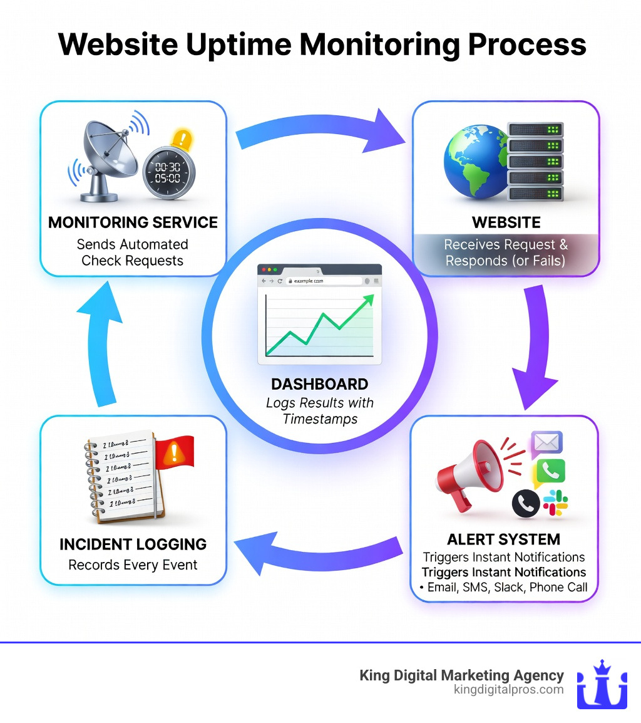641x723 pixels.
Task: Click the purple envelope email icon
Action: point(547,444)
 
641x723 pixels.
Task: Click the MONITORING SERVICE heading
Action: point(133,222)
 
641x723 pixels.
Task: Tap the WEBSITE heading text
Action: point(505,222)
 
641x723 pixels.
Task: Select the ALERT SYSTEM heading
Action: point(504,539)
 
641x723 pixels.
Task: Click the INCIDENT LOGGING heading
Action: point(133,544)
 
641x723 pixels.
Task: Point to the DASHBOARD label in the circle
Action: point(319,384)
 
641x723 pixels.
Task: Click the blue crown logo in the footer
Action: point(602,684)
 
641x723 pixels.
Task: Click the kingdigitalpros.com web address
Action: point(508,690)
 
